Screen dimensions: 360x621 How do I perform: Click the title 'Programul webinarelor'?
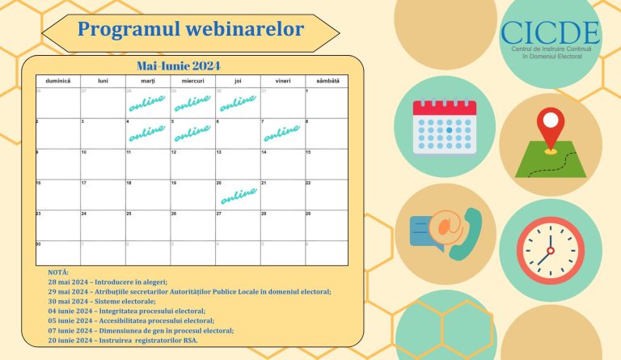191,30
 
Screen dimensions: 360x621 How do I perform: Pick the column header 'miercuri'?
192,81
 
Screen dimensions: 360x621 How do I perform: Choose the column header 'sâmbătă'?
327,81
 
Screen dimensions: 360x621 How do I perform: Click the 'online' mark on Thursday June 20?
239,195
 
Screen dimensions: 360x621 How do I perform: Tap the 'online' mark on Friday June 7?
282,133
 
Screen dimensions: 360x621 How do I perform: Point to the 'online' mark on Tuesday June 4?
147,133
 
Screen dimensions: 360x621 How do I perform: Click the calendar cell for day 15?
327,165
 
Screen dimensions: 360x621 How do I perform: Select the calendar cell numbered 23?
58,226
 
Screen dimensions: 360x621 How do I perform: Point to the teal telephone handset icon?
466,235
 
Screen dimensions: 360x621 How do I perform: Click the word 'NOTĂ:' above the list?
58,272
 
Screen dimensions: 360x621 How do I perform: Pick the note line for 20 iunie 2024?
122,340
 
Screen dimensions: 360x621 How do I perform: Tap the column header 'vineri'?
282,81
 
